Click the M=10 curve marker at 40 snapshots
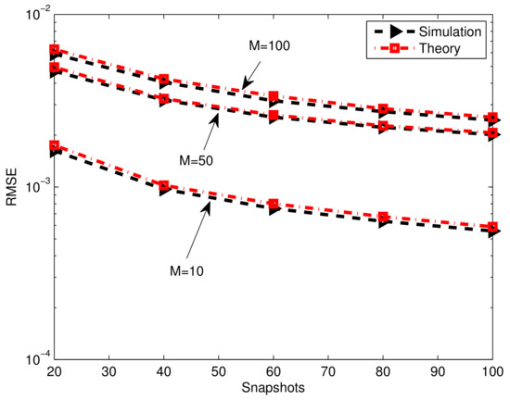[x=165, y=187]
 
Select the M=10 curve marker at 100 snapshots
[x=492, y=228]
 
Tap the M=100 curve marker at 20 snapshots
[x=56, y=51]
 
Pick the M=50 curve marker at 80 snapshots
[x=383, y=125]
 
